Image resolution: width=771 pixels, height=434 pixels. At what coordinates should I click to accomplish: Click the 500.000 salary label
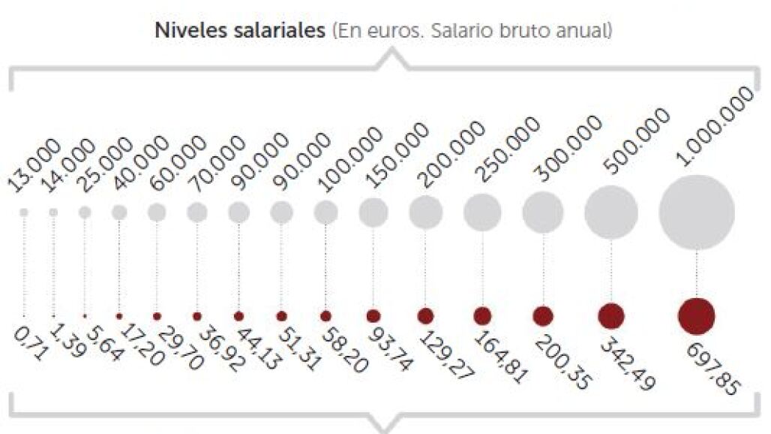[637, 142]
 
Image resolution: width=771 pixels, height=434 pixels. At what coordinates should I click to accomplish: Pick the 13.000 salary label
[34, 165]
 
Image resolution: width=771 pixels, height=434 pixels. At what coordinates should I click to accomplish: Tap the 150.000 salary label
[399, 155]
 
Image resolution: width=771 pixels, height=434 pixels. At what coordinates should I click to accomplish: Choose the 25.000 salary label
[105, 164]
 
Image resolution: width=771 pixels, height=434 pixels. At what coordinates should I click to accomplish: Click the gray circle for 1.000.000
[697, 212]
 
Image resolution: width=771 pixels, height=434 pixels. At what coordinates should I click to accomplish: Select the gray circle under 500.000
[611, 212]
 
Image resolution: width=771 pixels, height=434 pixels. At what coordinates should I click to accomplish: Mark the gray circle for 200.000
[426, 212]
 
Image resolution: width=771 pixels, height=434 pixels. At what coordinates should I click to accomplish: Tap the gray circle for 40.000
[119, 212]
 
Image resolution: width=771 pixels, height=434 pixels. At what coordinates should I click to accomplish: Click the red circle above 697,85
[696, 316]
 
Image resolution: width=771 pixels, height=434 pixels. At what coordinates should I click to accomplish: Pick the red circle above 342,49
[611, 316]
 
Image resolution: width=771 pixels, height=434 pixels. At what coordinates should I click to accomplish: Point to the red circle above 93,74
[373, 316]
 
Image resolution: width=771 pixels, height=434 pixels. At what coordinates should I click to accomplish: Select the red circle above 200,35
[543, 316]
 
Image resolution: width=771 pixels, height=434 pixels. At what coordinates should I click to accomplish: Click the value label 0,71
[31, 344]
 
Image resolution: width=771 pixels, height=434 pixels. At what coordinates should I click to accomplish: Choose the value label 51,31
[299, 348]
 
